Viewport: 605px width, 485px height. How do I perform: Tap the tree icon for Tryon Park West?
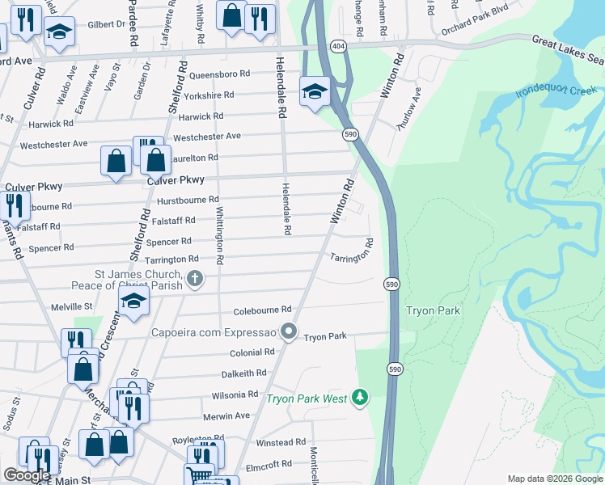360,398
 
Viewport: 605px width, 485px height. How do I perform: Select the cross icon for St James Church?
194,279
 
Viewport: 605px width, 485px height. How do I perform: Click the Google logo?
27,475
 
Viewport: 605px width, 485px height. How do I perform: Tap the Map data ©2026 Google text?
554,479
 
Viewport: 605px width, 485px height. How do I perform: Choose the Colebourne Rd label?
261,310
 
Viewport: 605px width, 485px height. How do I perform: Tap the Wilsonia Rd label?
235,394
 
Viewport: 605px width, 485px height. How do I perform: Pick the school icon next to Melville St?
133,302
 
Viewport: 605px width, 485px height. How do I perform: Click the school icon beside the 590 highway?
314,91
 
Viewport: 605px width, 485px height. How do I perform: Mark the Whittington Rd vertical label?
219,234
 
